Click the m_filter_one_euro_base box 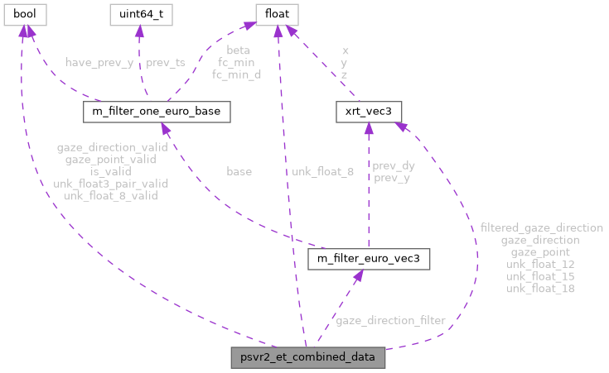[x=157, y=111]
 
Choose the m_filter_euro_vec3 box [x=368, y=260]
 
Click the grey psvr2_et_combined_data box [x=307, y=358]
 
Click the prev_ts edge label [x=164, y=63]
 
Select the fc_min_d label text [x=237, y=74]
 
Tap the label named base [x=239, y=172]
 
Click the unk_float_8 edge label [x=322, y=172]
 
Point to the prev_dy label [x=394, y=165]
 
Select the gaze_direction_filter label [x=389, y=320]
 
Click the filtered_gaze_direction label [x=541, y=227]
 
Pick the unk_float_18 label [x=541, y=289]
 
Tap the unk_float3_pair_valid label [x=111, y=184]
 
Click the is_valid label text [x=111, y=172]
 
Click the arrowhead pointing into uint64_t [x=138, y=31]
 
